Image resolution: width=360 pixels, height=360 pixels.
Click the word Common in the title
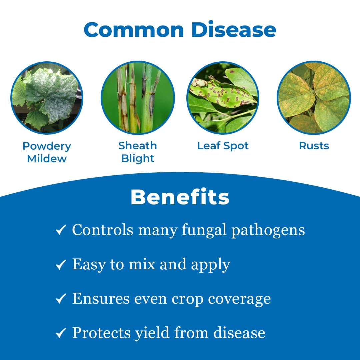[x=134, y=30]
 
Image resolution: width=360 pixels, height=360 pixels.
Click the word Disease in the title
[x=234, y=30]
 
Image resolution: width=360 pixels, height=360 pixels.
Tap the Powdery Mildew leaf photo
[x=47, y=98]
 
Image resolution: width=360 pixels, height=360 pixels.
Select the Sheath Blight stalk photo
[x=138, y=98]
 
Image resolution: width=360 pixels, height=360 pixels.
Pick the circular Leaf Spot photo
[x=223, y=98]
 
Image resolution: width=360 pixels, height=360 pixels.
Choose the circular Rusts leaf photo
[x=314, y=98]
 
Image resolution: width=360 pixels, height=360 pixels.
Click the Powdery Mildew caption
[x=47, y=152]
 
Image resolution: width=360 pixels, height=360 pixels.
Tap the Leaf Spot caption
[x=223, y=146]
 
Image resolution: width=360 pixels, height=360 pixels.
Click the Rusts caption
[x=314, y=146]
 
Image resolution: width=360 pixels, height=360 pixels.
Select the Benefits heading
[x=180, y=197]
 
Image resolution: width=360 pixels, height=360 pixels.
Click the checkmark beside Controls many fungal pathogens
[x=60, y=230]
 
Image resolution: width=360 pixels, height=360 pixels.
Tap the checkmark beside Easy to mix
[x=60, y=265]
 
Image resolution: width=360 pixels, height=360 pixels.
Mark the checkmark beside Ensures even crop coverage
[x=60, y=299]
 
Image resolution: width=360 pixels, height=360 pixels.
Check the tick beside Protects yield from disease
[x=60, y=333]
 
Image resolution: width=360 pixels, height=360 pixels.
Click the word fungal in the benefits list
[x=204, y=230]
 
